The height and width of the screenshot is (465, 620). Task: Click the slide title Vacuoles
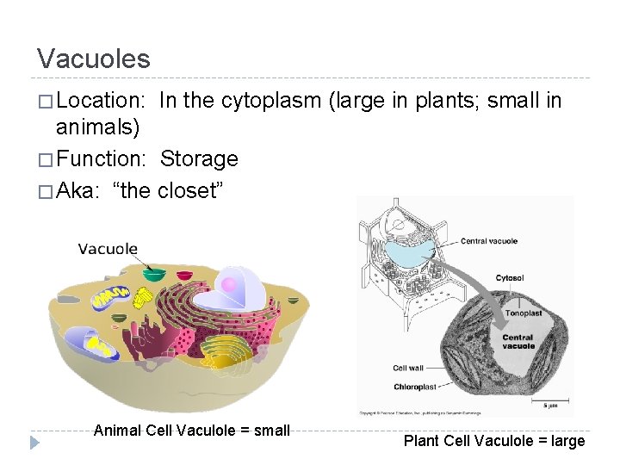click(93, 59)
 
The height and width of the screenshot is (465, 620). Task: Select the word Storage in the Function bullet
click(199, 159)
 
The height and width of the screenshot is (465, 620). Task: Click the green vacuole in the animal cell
click(155, 275)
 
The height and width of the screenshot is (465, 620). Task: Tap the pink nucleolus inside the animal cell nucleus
click(229, 284)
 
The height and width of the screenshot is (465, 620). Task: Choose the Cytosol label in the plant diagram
click(510, 278)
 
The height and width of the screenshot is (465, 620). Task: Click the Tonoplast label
click(523, 313)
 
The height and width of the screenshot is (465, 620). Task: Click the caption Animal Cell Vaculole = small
click(191, 430)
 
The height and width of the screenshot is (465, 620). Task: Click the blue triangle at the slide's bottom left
click(34, 443)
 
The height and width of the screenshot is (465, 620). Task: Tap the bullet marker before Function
click(45, 159)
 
